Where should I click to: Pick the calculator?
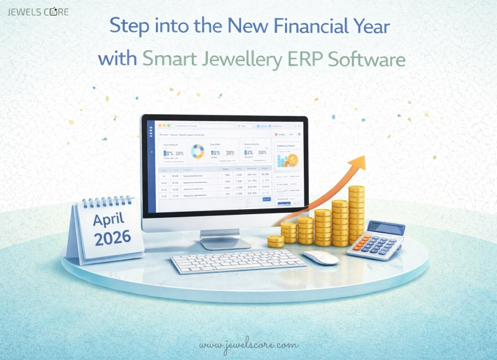point(376,240)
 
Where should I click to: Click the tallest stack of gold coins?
point(357,214)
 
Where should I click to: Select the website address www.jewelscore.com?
point(248,345)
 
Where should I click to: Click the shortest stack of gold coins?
point(275,241)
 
